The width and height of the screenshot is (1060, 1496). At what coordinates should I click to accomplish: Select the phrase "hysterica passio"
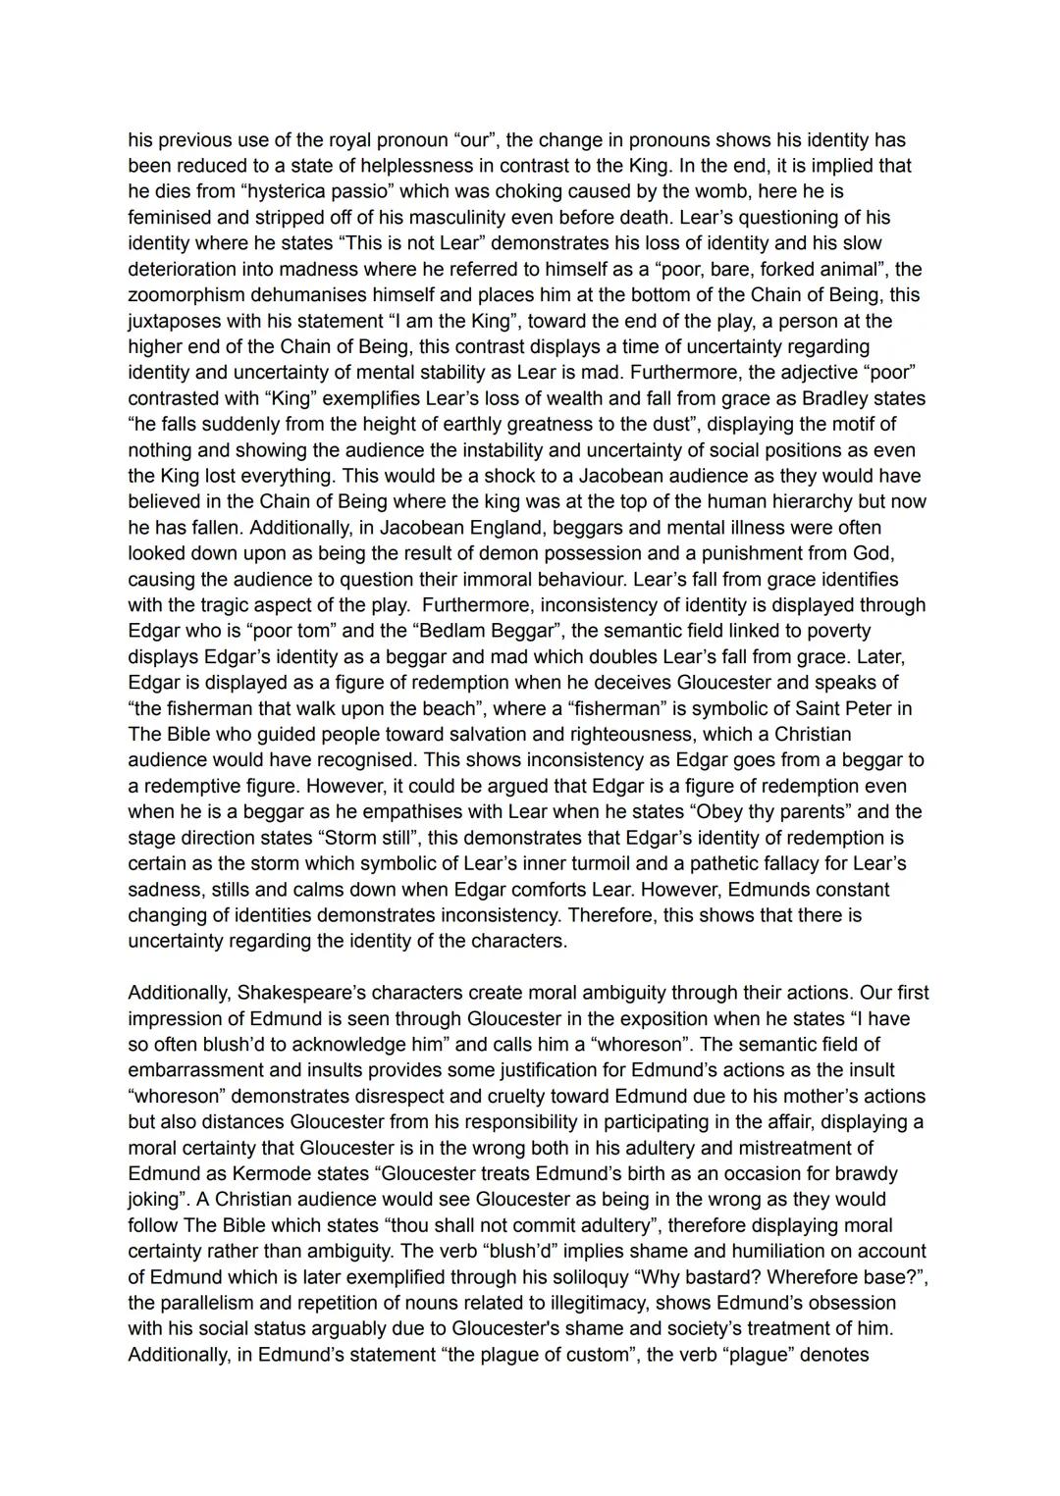pos(318,191)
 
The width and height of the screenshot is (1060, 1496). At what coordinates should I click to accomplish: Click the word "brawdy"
pos(866,1173)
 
